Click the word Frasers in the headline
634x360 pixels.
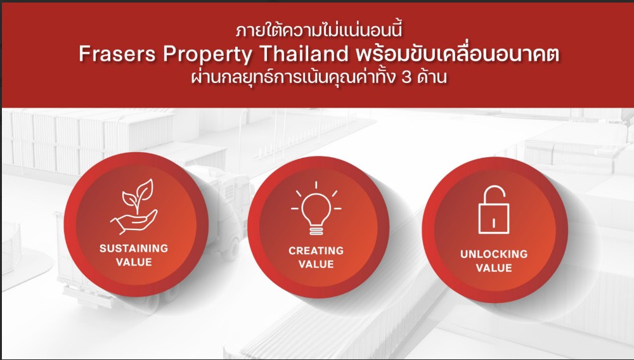coord(117,54)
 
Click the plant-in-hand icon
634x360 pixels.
coord(134,207)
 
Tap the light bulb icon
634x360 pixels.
coord(316,208)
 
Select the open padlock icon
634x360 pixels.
coord(494,210)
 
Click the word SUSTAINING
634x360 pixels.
coord(134,248)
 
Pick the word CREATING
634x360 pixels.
coord(316,250)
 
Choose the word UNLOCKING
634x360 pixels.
coord(494,254)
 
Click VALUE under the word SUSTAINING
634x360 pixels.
coord(134,262)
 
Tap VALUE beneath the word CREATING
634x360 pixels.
coord(316,264)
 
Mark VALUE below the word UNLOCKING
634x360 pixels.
coord(494,268)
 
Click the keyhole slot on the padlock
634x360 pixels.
coord(494,222)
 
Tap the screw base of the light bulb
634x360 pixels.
coord(316,231)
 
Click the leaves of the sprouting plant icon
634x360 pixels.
coord(138,195)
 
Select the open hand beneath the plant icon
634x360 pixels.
coord(134,222)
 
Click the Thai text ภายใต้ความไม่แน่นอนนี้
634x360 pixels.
coord(319,30)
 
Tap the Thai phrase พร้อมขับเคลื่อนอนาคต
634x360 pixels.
coord(457,54)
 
